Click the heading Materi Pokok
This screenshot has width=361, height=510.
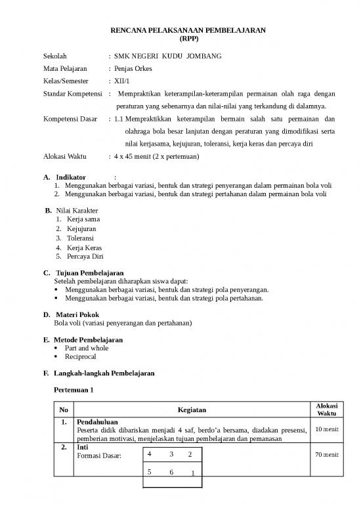(x=77, y=314)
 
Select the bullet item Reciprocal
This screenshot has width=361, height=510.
(x=81, y=356)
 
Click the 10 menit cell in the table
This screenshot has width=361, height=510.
(x=325, y=430)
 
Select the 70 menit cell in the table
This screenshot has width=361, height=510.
(x=325, y=454)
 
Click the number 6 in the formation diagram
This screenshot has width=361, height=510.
(x=171, y=472)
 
